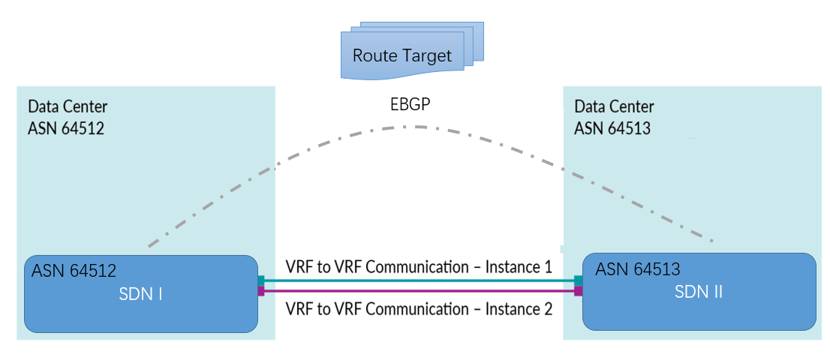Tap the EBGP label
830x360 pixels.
click(409, 105)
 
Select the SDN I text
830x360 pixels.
click(141, 294)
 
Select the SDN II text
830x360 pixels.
click(699, 292)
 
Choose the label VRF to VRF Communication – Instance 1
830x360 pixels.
click(419, 266)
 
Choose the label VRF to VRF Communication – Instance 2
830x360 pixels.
click(419, 307)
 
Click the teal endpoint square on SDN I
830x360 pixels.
click(260, 280)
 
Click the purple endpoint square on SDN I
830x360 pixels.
click(260, 291)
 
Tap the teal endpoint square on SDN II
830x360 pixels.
click(579, 280)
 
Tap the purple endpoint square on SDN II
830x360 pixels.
click(579, 291)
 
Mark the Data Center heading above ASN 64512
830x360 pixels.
click(68, 106)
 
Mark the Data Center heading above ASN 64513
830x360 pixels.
click(614, 106)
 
